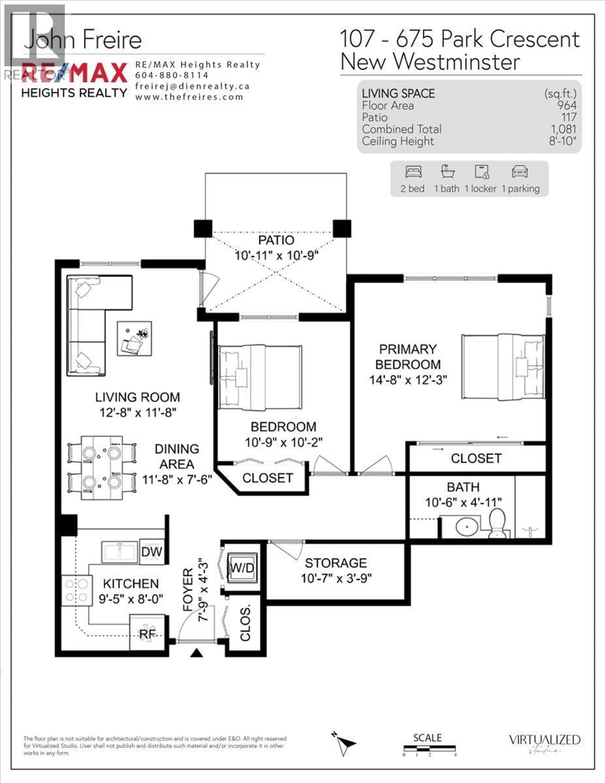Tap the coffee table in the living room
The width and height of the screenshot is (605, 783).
135,338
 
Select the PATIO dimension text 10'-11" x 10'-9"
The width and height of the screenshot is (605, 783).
277,256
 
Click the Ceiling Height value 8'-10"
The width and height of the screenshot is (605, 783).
562,141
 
